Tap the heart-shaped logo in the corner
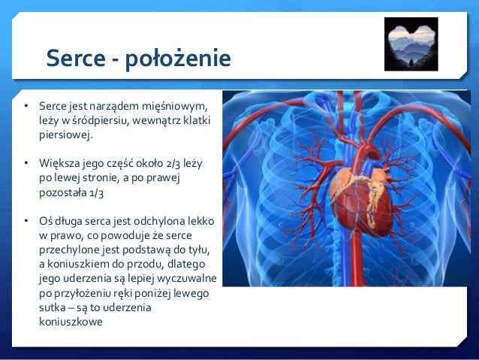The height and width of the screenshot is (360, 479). point(411,44)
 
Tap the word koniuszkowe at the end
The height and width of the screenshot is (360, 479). point(71,323)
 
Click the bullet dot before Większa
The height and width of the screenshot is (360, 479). point(26,162)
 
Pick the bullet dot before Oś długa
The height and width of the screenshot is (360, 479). point(26,221)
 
